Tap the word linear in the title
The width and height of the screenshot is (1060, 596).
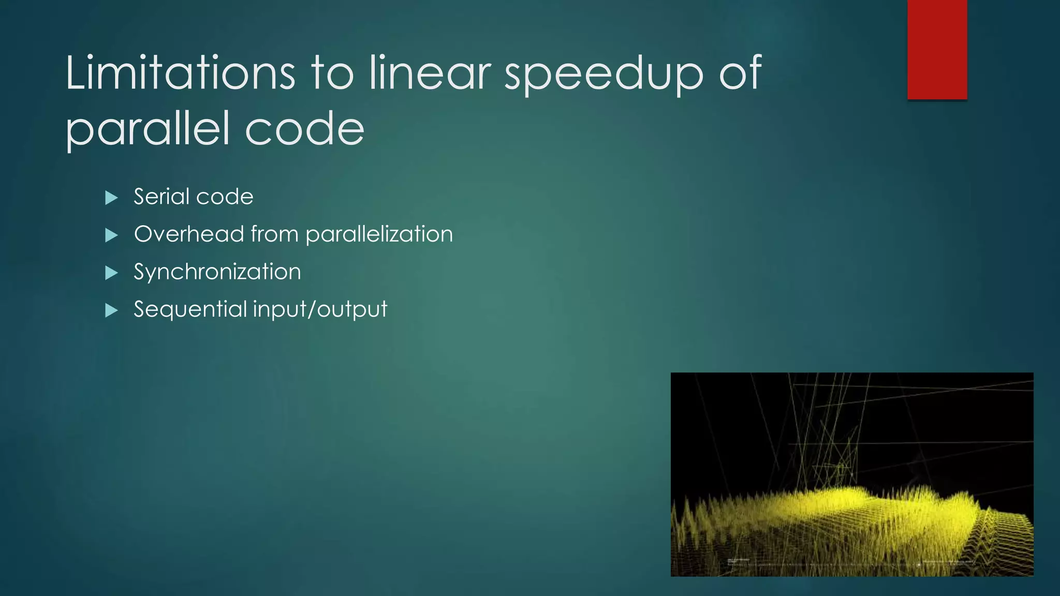(x=430, y=73)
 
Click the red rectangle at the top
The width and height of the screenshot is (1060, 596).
(x=937, y=49)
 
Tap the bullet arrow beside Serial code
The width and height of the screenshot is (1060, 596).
(x=111, y=198)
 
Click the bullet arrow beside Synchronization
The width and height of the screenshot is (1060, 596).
(x=111, y=273)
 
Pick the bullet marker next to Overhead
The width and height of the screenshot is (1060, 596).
(x=111, y=235)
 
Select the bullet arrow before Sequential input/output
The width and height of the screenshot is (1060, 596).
(x=111, y=310)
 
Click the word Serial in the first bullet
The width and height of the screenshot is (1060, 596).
(x=160, y=197)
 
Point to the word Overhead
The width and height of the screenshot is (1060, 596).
(x=189, y=234)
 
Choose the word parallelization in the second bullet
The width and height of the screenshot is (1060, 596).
(x=379, y=234)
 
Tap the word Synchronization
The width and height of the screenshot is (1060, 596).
(x=217, y=272)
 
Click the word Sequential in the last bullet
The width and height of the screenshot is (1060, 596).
(x=190, y=309)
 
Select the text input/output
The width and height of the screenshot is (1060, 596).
(x=320, y=309)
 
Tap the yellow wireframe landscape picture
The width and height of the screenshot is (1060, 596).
(x=852, y=474)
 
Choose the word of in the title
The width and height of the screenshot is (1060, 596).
(x=740, y=73)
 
